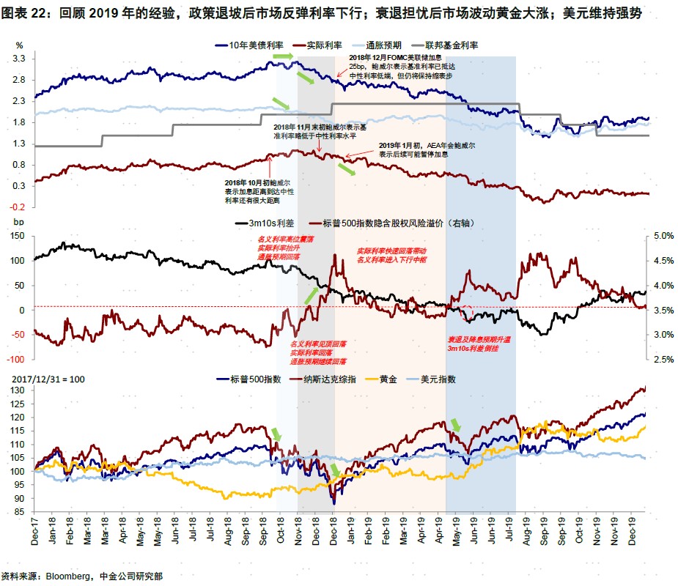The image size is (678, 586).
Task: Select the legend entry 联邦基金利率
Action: click(x=452, y=45)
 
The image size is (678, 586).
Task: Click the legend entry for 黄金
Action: click(x=389, y=379)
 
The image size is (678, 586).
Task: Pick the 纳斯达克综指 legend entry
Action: click(x=329, y=379)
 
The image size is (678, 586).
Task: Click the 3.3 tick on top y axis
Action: click(x=19, y=59)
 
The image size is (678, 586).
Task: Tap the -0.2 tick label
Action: click(x=18, y=207)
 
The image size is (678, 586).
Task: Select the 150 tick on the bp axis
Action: click(x=18, y=236)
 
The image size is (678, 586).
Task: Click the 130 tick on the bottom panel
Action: click(x=18, y=390)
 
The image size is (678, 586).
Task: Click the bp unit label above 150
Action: click(x=19, y=221)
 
